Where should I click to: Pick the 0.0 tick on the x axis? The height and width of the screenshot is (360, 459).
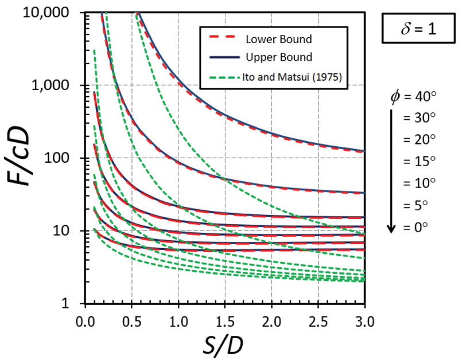[x=85, y=316]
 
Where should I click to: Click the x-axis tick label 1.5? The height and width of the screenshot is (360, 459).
[x=225, y=316]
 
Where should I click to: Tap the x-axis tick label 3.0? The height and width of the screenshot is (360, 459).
[x=365, y=316]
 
